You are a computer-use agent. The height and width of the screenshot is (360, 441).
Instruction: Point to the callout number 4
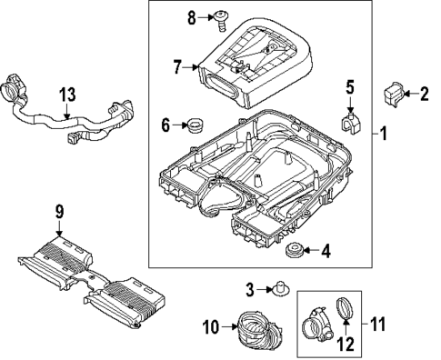click(x=327, y=250)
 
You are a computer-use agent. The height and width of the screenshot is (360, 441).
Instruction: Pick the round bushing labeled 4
click(x=295, y=250)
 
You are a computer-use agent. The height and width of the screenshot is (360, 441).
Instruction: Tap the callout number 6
click(x=165, y=124)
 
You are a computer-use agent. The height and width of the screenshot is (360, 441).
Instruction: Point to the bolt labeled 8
click(x=222, y=15)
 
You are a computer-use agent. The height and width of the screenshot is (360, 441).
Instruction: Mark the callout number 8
click(x=191, y=16)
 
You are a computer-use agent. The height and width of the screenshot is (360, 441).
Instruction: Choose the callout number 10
click(x=207, y=326)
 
